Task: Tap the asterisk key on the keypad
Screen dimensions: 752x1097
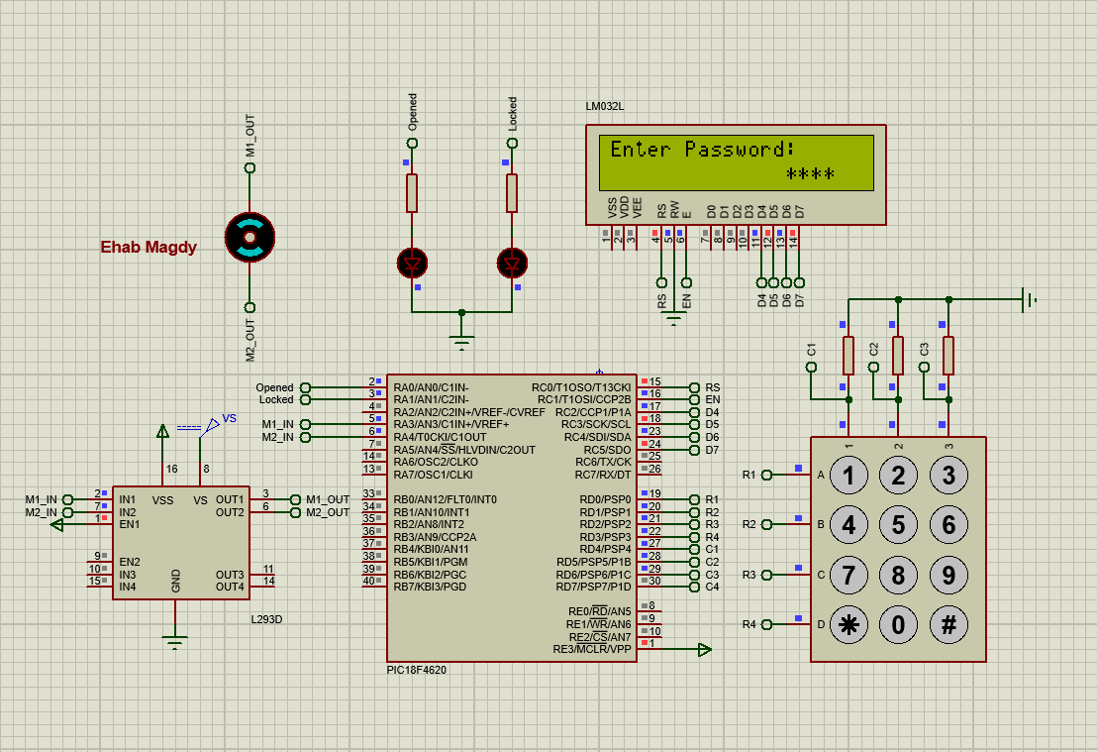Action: coord(848,625)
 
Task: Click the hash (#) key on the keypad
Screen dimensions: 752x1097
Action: coord(948,625)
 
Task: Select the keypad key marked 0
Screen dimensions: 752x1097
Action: coord(898,625)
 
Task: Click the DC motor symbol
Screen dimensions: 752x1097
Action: coord(249,237)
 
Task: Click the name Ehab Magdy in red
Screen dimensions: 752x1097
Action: coord(149,248)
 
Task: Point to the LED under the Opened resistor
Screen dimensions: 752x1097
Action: coord(412,264)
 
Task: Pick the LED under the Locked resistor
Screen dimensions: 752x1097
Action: coord(512,264)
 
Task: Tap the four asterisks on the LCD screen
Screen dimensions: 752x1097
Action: coord(810,175)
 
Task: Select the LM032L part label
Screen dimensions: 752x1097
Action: coord(605,106)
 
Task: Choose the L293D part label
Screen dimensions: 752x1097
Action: coord(267,619)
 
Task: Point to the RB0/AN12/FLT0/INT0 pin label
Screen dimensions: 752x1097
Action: coord(445,499)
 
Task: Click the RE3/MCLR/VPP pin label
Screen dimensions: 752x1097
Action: coord(592,650)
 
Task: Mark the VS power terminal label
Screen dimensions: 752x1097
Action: coord(230,418)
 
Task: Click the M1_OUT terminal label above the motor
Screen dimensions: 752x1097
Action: coord(250,136)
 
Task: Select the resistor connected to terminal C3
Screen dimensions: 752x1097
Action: coord(948,355)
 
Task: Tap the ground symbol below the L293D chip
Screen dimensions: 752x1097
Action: coord(175,642)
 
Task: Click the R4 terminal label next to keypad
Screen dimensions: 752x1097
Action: coord(748,624)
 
